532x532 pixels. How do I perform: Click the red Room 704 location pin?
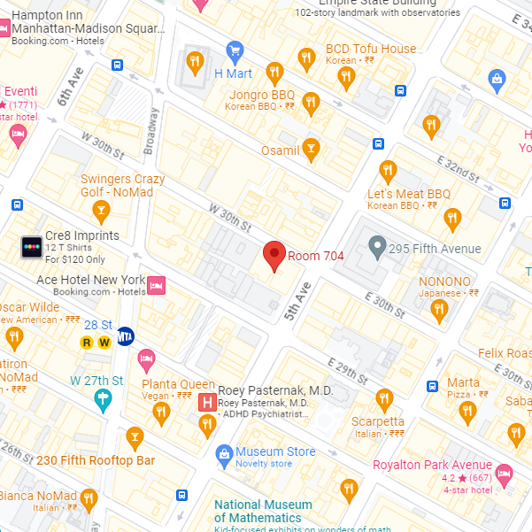[x=274, y=255]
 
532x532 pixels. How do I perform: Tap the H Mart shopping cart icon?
[x=235, y=50]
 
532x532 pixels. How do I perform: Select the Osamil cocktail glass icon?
[x=311, y=149]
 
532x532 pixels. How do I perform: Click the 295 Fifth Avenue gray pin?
[x=378, y=247]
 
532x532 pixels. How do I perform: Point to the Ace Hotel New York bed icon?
[x=156, y=285]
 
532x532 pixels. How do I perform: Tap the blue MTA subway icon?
[x=126, y=335]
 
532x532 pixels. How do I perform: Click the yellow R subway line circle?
[x=88, y=343]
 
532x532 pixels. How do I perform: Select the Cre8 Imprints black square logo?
[x=32, y=247]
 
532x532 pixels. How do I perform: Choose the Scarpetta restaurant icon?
[x=383, y=399]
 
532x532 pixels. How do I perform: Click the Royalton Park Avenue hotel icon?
[x=504, y=473]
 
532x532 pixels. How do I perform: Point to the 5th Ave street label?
[x=296, y=301]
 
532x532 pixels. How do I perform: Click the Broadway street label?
[x=153, y=127]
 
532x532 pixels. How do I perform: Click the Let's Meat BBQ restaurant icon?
[x=387, y=170]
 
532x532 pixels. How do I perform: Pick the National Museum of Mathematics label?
[x=263, y=511]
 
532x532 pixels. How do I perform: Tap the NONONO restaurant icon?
[x=438, y=309]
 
